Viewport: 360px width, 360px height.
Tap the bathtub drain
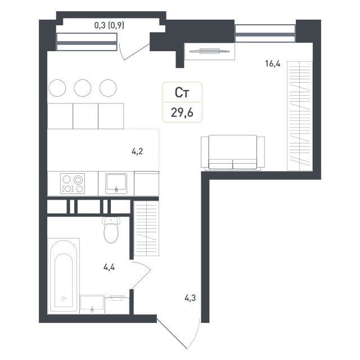[64, 298]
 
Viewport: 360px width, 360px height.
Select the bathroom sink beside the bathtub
[92, 304]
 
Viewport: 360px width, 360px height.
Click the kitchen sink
[116, 183]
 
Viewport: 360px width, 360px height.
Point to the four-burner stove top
[73, 183]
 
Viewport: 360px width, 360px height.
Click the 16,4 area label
[272, 64]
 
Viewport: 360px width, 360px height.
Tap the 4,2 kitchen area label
[137, 151]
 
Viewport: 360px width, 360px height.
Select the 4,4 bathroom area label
[109, 267]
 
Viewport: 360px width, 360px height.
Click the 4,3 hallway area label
[190, 298]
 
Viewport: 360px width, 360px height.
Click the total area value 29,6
[182, 112]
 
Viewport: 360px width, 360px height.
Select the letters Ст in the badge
[182, 93]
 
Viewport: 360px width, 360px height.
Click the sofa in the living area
[233, 152]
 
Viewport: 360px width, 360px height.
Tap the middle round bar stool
[83, 88]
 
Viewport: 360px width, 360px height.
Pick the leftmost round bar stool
[57, 88]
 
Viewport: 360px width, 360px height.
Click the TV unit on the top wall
[210, 51]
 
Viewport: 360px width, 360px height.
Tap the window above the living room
[265, 34]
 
